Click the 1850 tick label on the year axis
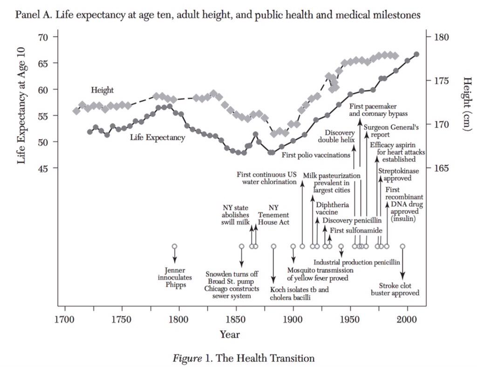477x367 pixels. pos(235,320)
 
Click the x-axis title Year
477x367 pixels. pos(230,334)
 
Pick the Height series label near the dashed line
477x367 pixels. pos(102,90)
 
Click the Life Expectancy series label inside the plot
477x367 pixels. pos(157,137)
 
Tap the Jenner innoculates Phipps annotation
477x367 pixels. pos(175,278)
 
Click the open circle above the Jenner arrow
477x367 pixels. pos(175,246)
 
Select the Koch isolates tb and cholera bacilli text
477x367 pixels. pos(299,293)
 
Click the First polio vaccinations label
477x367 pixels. pos(316,155)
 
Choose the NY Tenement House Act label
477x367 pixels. pos(274,215)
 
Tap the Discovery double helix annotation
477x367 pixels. pos(336,136)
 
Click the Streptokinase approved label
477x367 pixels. pos(398,175)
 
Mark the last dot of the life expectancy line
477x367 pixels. pos(416,54)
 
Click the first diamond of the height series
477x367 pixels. pos(77,111)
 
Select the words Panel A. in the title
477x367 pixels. pos(30,14)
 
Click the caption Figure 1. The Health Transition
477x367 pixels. pos(244,358)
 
